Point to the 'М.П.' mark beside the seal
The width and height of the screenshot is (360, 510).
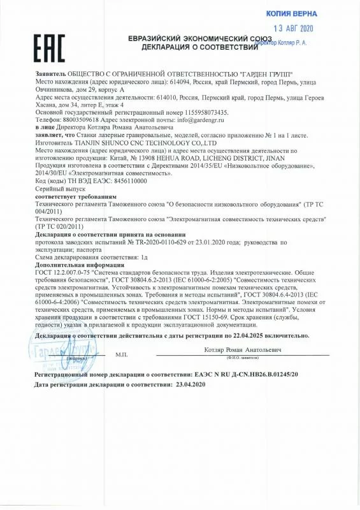(x=122, y=354)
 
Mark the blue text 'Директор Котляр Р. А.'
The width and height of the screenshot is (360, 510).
(x=298, y=42)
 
